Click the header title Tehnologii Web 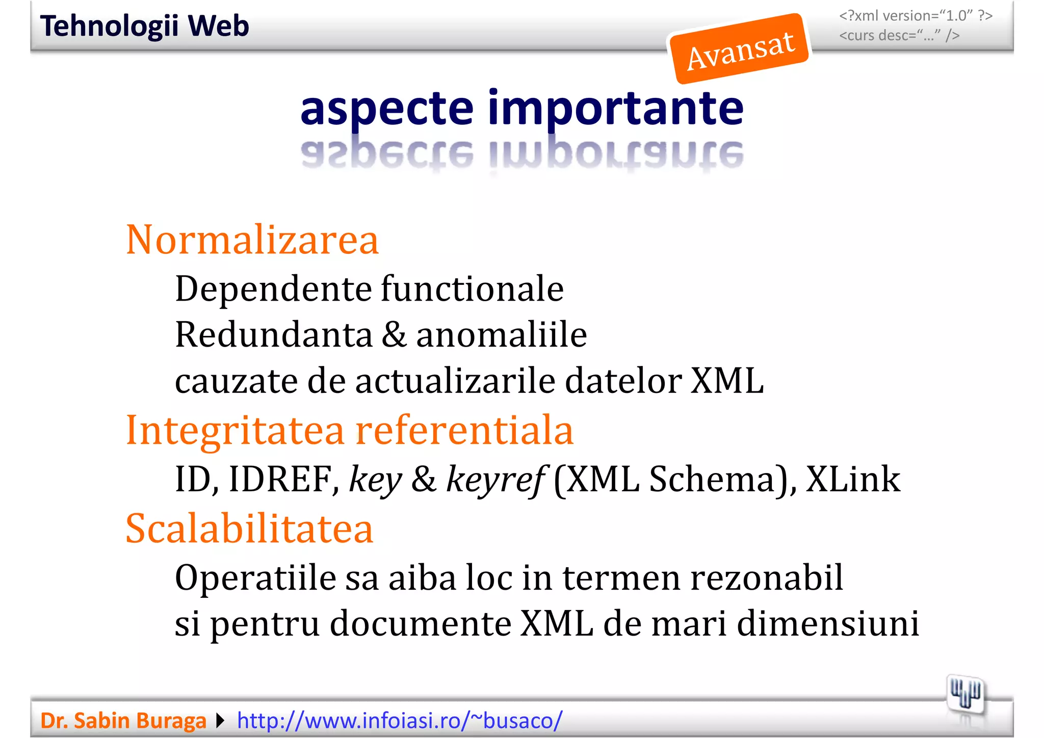tap(145, 26)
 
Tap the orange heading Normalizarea tap(252, 240)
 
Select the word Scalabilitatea tap(250, 529)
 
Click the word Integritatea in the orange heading tap(235, 431)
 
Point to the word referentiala tap(464, 431)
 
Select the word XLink tap(853, 480)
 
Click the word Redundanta tap(274, 335)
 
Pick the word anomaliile tap(502, 335)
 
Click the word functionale tap(472, 289)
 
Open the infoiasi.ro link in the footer tap(400, 721)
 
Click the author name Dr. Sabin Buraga tap(123, 721)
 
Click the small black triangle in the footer tap(220, 721)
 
